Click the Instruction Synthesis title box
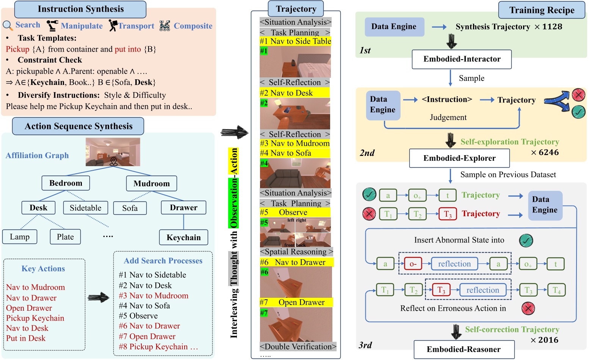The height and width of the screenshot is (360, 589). [80, 9]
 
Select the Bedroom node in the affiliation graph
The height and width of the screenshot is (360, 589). [66, 183]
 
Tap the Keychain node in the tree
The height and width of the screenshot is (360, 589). [183, 237]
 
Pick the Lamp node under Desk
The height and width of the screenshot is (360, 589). [20, 237]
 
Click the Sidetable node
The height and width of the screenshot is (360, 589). [85, 208]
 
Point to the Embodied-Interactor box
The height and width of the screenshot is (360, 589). [462, 59]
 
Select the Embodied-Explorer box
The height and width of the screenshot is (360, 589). [459, 158]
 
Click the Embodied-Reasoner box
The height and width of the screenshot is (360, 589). [464, 349]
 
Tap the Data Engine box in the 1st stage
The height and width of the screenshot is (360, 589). [394, 27]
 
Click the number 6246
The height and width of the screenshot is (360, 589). [548, 152]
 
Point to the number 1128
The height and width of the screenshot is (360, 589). [552, 27]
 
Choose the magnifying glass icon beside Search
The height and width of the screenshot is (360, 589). [7, 25]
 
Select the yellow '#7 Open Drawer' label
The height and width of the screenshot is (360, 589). [296, 302]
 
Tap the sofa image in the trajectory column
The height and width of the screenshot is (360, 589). [295, 174]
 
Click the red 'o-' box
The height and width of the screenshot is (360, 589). [413, 264]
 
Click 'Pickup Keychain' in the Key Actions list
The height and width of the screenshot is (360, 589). [35, 318]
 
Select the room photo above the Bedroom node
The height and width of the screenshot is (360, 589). [113, 152]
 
